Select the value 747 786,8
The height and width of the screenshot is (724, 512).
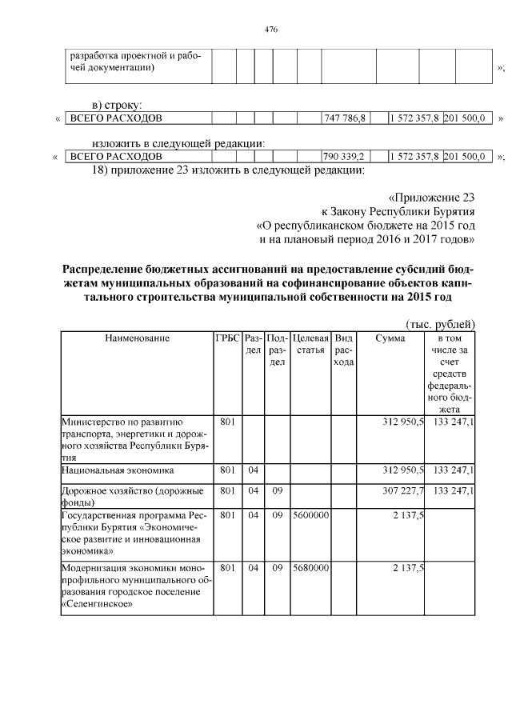[344, 118]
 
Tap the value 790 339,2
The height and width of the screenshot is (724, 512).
[344, 156]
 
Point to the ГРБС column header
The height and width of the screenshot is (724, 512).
[226, 339]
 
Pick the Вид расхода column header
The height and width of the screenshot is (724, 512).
[344, 350]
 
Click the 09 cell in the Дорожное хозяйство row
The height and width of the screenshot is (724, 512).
[277, 490]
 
